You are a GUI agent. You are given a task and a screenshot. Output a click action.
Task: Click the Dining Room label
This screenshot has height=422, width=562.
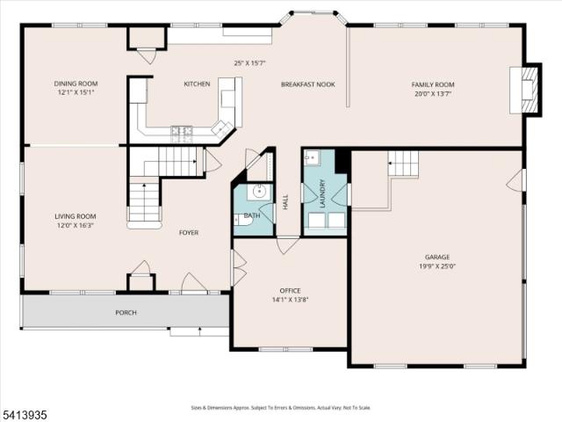pyautogui.click(x=76, y=84)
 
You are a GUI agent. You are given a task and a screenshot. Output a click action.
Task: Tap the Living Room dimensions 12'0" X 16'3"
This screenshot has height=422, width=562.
pyautogui.click(x=76, y=226)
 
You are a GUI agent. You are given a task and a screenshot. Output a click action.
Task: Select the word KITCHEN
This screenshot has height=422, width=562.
pyautogui.click(x=197, y=84)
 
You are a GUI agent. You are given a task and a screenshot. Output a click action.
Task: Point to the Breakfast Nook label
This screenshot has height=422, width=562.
pyautogui.click(x=308, y=84)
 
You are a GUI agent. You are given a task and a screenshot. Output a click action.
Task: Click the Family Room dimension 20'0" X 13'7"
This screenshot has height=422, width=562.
pyautogui.click(x=433, y=94)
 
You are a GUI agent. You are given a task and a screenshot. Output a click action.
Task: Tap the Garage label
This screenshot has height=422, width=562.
pyautogui.click(x=437, y=257)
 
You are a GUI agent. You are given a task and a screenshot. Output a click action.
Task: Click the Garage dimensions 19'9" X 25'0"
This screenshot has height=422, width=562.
pyautogui.click(x=437, y=266)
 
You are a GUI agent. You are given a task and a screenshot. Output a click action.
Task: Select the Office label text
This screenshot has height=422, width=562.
pyautogui.click(x=290, y=291)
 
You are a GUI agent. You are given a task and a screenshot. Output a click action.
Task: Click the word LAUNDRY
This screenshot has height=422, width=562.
pyautogui.click(x=321, y=193)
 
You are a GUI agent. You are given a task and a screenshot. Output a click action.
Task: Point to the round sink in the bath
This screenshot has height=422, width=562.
pyautogui.click(x=260, y=192)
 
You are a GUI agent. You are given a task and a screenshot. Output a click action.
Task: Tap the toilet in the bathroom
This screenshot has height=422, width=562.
pyautogui.click(x=242, y=219)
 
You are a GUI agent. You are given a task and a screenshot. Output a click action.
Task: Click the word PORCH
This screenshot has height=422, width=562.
pyautogui.click(x=126, y=313)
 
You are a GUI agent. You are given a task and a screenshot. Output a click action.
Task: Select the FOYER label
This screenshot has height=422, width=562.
pyautogui.click(x=189, y=233)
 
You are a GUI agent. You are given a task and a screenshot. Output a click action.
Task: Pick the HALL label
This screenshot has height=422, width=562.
pyautogui.click(x=285, y=202)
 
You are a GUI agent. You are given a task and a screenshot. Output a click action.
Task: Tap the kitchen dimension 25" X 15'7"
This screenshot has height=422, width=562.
pyautogui.click(x=249, y=63)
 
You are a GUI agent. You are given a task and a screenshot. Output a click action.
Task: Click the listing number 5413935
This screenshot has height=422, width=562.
pyautogui.click(x=24, y=415)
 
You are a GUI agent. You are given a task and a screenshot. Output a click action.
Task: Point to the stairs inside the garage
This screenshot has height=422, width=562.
pyautogui.click(x=403, y=164)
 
